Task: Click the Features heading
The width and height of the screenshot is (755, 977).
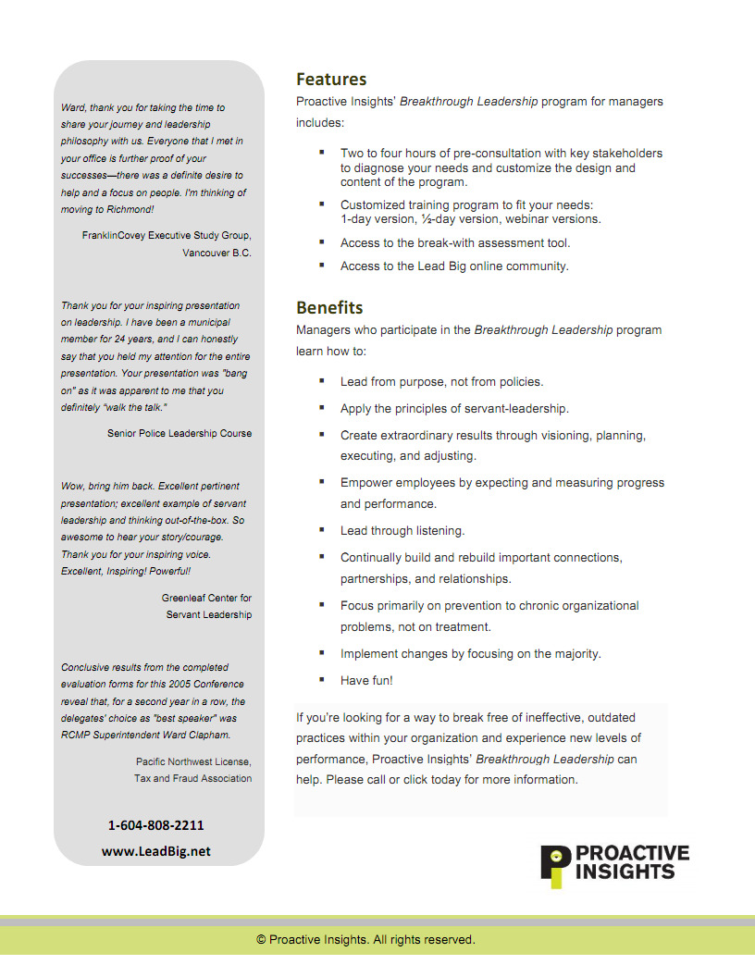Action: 331,80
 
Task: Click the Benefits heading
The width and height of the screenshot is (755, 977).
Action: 329,307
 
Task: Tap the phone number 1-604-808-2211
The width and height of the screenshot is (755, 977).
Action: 156,824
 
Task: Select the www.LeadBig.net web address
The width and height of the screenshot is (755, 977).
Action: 156,851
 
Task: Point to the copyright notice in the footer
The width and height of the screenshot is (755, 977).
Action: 365,940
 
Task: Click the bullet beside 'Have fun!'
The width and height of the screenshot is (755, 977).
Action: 321,679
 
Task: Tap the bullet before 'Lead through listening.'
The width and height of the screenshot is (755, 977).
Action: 321,530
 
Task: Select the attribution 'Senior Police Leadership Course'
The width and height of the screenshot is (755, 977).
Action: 179,433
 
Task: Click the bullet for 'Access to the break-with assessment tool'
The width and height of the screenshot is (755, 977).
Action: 321,241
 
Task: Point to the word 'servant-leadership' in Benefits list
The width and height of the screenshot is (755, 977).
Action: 516,408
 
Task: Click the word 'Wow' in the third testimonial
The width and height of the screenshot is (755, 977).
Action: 72,486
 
